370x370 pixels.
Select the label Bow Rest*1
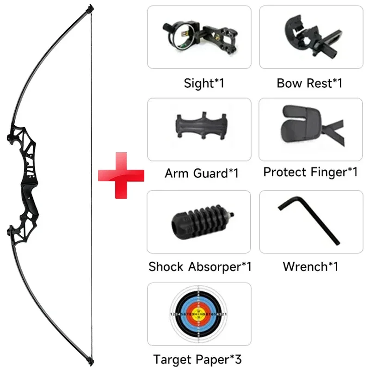[x=309, y=83]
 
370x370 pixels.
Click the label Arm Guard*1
[x=201, y=174]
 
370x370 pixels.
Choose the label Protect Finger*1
[x=310, y=172]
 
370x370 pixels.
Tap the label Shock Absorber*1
[x=200, y=267]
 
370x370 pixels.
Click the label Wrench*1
[x=310, y=266]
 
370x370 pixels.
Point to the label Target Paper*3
[x=197, y=359]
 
